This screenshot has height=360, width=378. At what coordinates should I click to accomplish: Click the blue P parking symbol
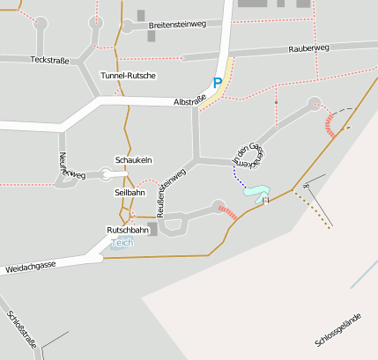coord(217,84)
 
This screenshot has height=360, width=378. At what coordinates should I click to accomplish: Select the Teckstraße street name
coord(49,60)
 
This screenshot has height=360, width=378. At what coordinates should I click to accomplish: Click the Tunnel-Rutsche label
coord(128,76)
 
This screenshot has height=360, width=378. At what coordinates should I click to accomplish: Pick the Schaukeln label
coord(134,160)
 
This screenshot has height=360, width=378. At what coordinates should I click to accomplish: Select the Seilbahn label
coord(130,192)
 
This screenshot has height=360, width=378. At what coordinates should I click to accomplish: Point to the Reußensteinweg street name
coord(171,192)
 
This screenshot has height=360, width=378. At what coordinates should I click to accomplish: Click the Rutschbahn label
coord(122,230)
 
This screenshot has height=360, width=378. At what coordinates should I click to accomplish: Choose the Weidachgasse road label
coord(30,266)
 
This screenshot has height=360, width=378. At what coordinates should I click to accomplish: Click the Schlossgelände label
coord(337,330)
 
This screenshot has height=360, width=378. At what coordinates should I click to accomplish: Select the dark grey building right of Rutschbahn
coord(153,230)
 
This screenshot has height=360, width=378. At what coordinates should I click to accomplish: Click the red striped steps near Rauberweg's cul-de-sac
coord(330,124)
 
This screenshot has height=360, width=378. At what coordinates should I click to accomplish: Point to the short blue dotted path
coord(239,179)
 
